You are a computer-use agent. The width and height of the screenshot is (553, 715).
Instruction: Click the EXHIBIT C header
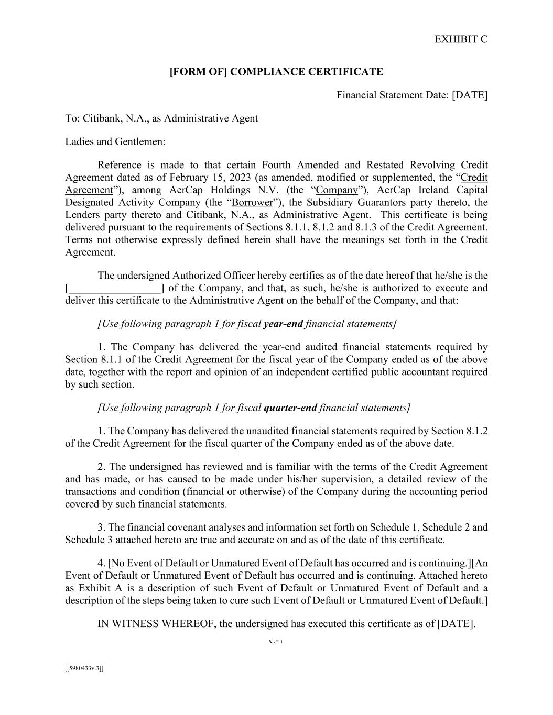click(461, 39)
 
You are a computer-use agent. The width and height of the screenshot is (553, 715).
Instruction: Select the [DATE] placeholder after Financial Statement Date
click(470, 95)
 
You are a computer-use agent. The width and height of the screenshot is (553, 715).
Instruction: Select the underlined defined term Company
click(337, 190)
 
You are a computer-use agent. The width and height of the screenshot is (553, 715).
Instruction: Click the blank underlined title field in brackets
click(115, 288)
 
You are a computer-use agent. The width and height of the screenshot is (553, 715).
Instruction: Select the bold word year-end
click(283, 324)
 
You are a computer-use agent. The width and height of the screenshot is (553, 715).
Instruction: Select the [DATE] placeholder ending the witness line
click(456, 624)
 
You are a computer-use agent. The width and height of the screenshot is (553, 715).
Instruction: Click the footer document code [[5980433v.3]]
click(84, 668)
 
